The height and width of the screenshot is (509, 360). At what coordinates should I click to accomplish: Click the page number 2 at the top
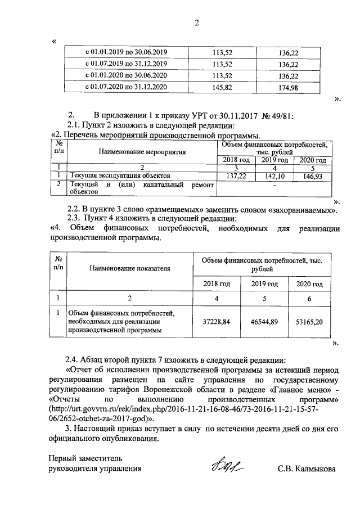click(197, 23)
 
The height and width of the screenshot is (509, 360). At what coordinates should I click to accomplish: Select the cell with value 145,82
click(223, 87)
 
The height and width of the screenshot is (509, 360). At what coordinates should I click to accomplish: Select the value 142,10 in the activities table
click(275, 176)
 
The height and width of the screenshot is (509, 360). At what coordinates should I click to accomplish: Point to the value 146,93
click(313, 176)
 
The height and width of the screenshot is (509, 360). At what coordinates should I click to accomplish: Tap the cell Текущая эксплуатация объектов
click(119, 176)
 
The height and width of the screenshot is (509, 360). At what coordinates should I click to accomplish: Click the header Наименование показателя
click(129, 269)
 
